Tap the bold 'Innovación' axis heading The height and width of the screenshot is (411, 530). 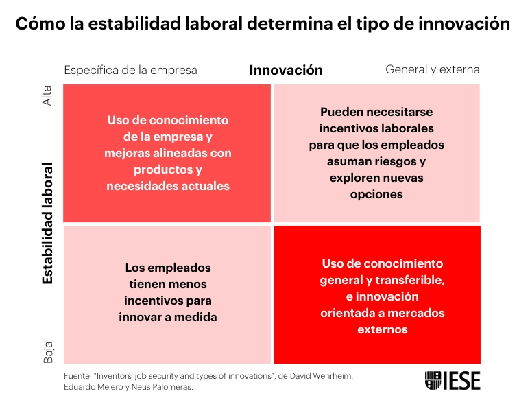(286, 70)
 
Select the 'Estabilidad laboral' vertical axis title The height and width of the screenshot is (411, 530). (47, 223)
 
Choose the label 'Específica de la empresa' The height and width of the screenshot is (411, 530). (130, 70)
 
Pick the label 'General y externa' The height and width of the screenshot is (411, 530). (433, 70)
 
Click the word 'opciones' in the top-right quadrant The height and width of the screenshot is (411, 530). (376, 194)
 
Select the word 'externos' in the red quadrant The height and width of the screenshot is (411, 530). (383, 329)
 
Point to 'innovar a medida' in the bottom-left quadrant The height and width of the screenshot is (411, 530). (168, 317)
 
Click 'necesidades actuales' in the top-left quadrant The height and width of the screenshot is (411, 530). (168, 186)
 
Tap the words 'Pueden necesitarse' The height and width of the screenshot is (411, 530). (376, 112)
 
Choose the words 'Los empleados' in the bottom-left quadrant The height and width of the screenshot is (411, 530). (168, 268)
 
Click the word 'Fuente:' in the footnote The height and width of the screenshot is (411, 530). (77, 376)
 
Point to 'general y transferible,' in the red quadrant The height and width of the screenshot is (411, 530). (383, 280)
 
